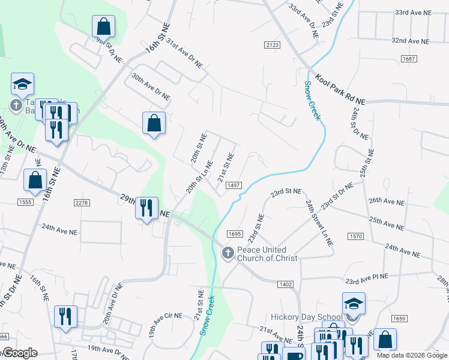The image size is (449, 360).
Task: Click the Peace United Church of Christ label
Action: (262, 254)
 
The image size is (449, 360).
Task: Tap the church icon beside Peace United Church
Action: (228, 253)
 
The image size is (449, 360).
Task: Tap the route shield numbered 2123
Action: (272, 45)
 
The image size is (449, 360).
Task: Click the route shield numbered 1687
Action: (409, 58)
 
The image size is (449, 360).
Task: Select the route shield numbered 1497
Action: (234, 186)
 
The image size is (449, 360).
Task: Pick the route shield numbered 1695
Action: (234, 234)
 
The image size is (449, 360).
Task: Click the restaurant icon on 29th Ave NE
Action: (146, 208)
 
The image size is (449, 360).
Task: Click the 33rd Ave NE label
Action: (413, 12)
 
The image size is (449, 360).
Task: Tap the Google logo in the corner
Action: (19, 353)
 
